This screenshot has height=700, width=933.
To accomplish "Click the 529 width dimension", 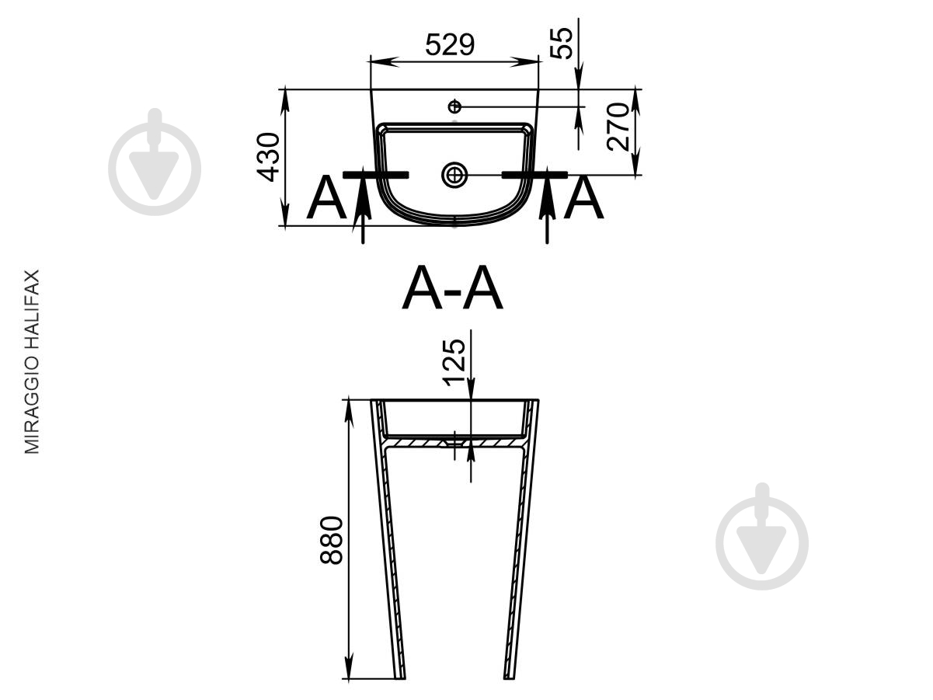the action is click(x=450, y=44).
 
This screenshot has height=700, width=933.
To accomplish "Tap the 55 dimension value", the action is click(x=561, y=44).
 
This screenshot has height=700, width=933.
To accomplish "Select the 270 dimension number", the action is click(x=618, y=127).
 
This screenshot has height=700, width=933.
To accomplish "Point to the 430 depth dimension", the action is click(x=268, y=157).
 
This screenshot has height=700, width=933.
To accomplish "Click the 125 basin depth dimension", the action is click(x=454, y=363).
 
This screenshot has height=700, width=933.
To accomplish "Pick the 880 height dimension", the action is click(x=331, y=540).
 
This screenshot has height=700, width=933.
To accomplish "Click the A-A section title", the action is click(x=452, y=287).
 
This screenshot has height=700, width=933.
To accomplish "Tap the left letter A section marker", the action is click(x=326, y=197).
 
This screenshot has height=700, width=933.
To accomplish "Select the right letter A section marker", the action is click(x=583, y=197).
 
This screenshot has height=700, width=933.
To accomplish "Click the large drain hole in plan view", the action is click(x=454, y=175).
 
